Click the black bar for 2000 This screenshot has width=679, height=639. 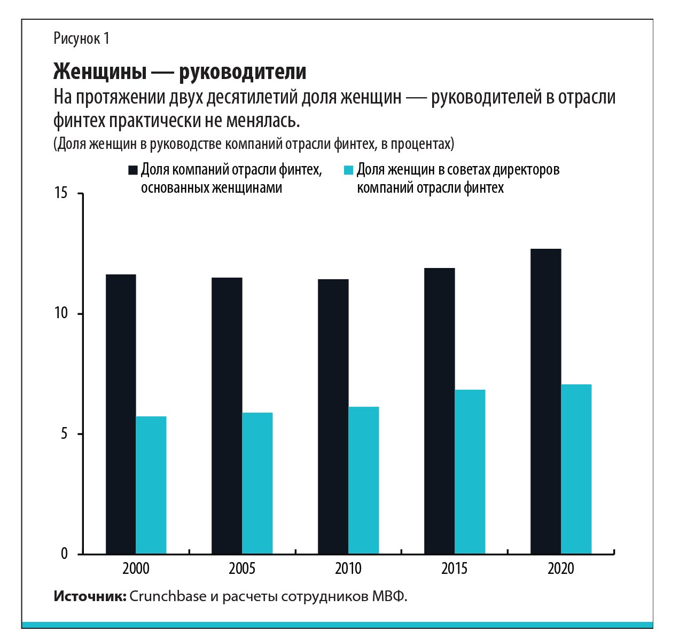pyautogui.click(x=121, y=414)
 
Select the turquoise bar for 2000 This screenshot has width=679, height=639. pyautogui.click(x=151, y=485)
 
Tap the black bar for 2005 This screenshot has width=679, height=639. pyautogui.click(x=227, y=415)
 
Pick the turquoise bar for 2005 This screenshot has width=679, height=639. pyautogui.click(x=257, y=483)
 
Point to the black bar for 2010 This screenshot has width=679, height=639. pyautogui.click(x=333, y=416)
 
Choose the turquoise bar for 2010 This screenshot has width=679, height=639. pyautogui.click(x=364, y=480)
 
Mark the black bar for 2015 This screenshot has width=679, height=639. pyautogui.click(x=440, y=411)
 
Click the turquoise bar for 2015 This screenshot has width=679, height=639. pyautogui.click(x=470, y=471)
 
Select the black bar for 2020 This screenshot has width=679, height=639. pyautogui.click(x=545, y=401)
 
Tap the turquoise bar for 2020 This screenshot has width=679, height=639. pyautogui.click(x=576, y=469)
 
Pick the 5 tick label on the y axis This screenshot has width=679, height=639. pyautogui.click(x=64, y=433)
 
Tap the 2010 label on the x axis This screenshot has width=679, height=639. pyautogui.click(x=348, y=569)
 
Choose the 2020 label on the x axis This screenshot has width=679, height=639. pyautogui.click(x=561, y=569)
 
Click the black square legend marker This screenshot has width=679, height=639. pyautogui.click(x=133, y=170)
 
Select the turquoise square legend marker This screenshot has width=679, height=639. pyautogui.click(x=349, y=170)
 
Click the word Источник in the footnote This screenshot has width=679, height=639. pyautogui.click(x=89, y=596)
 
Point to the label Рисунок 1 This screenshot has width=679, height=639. pyautogui.click(x=81, y=38)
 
